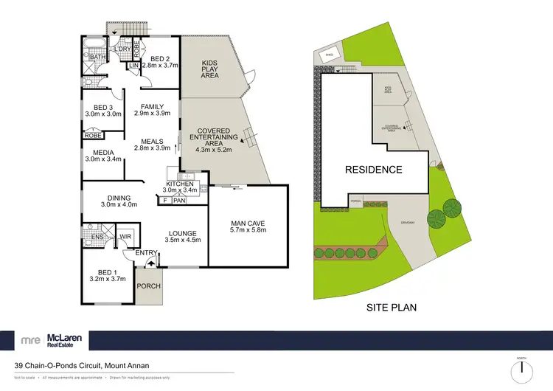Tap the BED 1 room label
pyautogui.click(x=107, y=274)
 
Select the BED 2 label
pyautogui.click(x=161, y=60)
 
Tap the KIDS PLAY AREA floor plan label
pyautogui.click(x=210, y=69)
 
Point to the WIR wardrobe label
pyautogui.click(x=125, y=237)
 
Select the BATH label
pyautogui.click(x=97, y=57)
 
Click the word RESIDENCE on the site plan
pyautogui.click(x=375, y=170)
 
